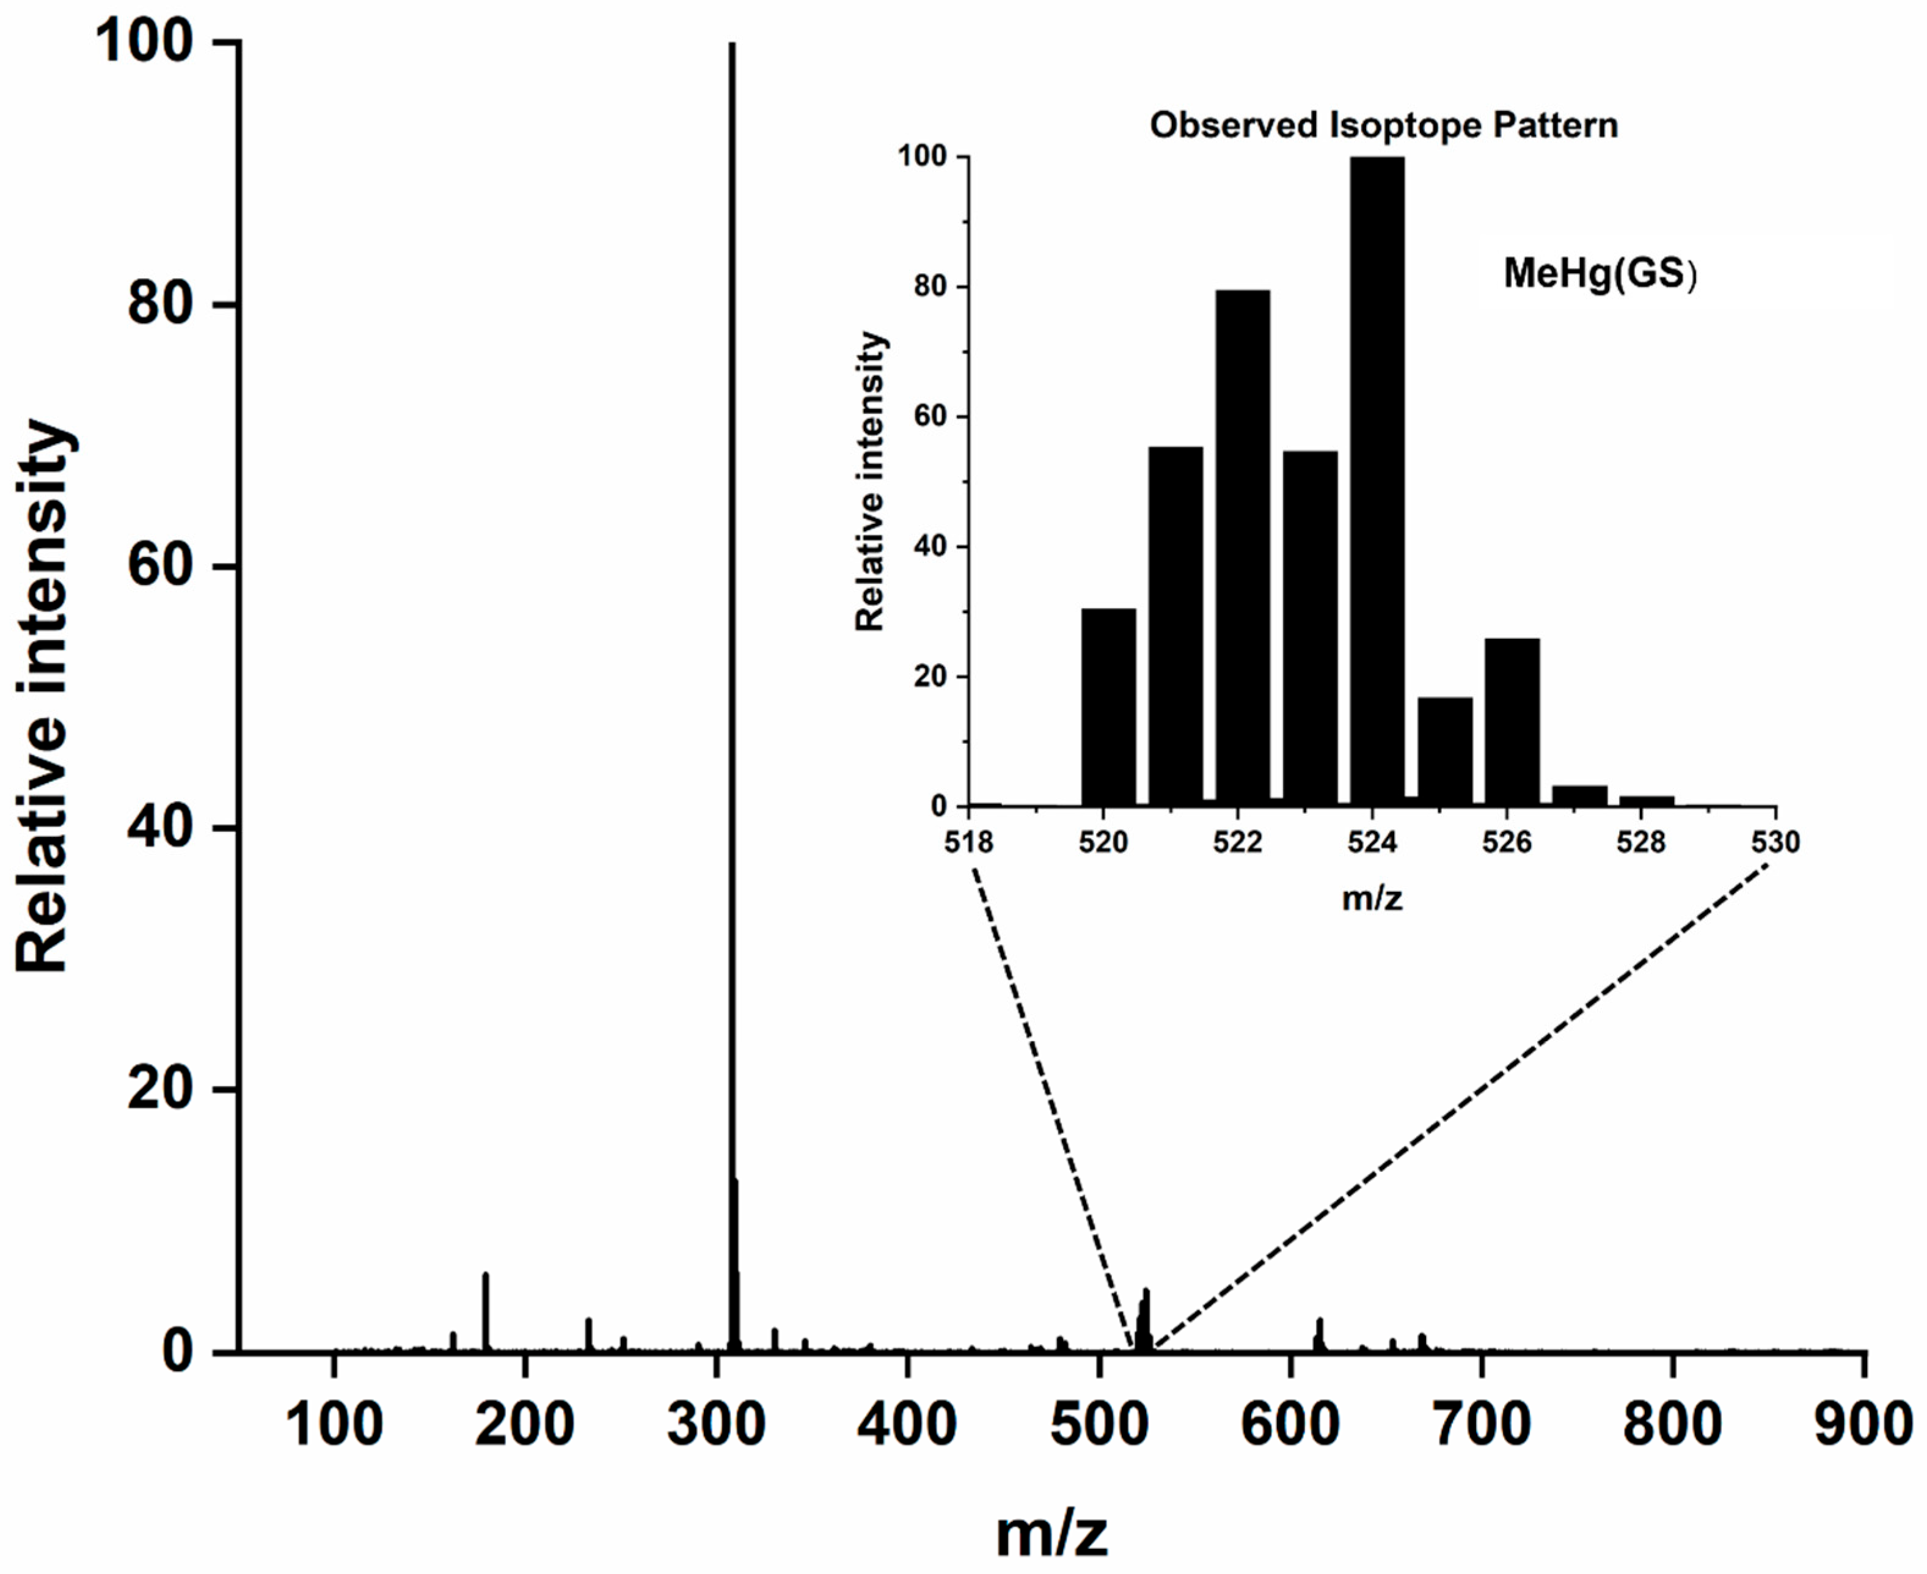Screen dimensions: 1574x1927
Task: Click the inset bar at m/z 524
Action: (1377, 480)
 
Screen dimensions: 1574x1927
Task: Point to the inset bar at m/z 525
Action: (1445, 751)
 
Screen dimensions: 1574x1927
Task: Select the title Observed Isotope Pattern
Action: (1384, 125)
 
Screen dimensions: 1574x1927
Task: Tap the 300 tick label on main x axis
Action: (716, 1424)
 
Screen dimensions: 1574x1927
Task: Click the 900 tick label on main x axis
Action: (1863, 1424)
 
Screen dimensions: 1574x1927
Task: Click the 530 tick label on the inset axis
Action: (1775, 842)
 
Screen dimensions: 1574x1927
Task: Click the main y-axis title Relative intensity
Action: (43, 696)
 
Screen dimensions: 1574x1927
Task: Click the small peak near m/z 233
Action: (588, 1334)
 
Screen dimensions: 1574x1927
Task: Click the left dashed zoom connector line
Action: (1051, 1106)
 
